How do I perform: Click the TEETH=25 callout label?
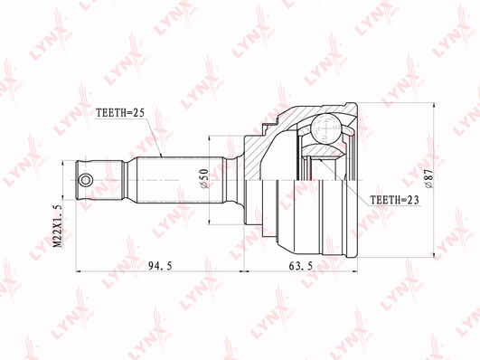(x=120, y=113)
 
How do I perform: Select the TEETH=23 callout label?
(x=394, y=200)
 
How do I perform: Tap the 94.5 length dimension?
(x=160, y=266)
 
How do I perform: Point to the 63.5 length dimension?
(x=301, y=266)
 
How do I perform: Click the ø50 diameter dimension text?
(x=204, y=178)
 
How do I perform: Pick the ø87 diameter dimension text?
(x=428, y=178)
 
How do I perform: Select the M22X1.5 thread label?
(x=58, y=226)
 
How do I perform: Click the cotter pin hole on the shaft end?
(x=85, y=180)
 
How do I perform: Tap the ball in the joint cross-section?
(x=325, y=128)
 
